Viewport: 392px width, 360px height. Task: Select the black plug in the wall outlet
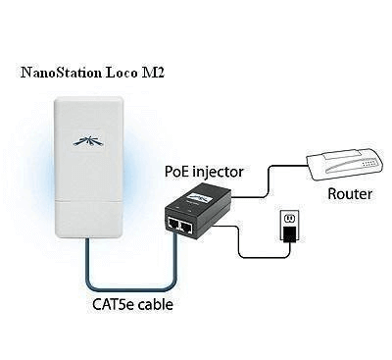[x=290, y=232]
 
